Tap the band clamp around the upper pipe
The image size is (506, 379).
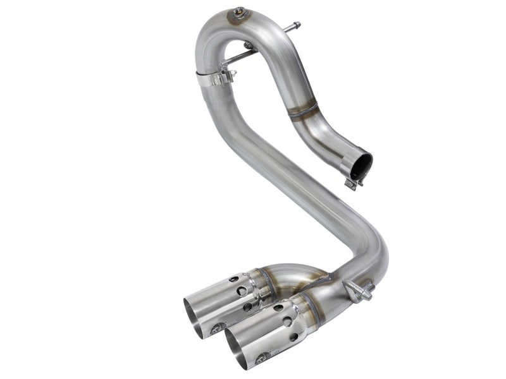(x=215, y=79)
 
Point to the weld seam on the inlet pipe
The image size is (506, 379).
(x=303, y=112)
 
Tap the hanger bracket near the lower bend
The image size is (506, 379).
(x=357, y=291)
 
